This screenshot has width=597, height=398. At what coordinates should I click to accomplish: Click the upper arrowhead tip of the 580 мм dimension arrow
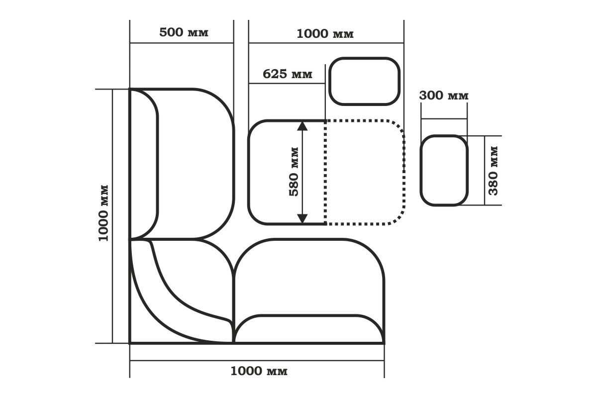(302, 121)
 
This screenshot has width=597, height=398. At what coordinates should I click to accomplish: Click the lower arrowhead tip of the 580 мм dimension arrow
(302, 223)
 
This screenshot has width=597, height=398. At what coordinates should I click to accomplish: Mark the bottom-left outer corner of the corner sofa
(130, 343)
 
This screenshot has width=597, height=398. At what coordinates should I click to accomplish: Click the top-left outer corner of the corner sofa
(130, 89)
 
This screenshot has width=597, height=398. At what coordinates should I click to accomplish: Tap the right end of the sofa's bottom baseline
(384, 343)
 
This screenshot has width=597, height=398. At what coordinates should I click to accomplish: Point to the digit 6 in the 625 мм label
(267, 74)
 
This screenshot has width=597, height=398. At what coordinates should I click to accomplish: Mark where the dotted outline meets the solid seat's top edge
(325, 121)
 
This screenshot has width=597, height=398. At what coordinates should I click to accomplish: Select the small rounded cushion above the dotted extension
(364, 81)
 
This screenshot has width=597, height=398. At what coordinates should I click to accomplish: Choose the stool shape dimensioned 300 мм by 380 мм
(444, 170)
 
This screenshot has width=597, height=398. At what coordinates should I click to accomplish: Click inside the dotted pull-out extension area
(365, 173)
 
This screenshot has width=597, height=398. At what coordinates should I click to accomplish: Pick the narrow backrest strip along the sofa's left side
(144, 164)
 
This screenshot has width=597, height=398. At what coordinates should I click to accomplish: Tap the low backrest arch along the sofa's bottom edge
(309, 329)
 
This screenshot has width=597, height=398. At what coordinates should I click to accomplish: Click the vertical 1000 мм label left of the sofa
(103, 213)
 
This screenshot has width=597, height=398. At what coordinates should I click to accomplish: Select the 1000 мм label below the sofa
(259, 371)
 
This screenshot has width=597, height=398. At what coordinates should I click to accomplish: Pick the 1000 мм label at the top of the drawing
(325, 34)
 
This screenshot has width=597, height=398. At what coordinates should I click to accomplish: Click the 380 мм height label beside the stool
(493, 171)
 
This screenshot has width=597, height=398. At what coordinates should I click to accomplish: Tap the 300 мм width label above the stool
(444, 96)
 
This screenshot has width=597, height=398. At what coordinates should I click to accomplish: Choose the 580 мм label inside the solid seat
(294, 172)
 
